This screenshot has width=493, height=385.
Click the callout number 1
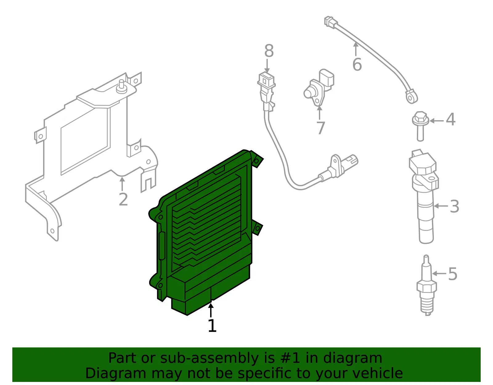(212, 326)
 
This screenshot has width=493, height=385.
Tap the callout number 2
(124, 199)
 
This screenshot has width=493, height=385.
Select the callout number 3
(454, 207)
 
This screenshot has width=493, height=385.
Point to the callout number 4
(450, 119)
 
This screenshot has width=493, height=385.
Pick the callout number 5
(453, 274)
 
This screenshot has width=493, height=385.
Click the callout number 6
(357, 64)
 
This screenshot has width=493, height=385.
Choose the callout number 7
(320, 128)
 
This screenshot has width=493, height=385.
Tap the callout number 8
(269, 51)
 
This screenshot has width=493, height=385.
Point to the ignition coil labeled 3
(424, 196)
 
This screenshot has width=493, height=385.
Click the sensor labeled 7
(319, 87)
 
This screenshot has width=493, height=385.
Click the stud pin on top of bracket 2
(122, 86)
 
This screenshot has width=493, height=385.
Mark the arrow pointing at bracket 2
(122, 184)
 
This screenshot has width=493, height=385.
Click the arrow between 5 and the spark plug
(440, 274)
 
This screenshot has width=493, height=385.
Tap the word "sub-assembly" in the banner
(209, 358)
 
